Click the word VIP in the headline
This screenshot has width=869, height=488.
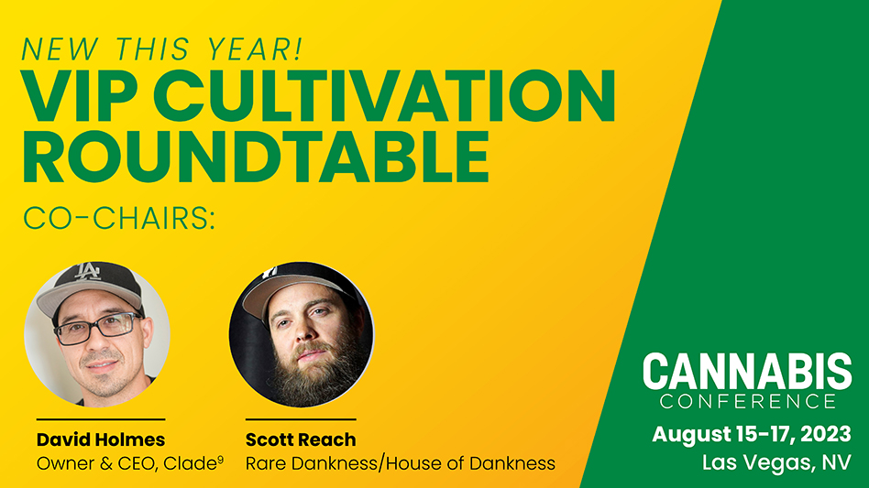coord(79,96)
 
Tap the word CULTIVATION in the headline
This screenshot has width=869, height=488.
coord(388,96)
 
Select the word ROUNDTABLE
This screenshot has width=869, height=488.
coord(256,157)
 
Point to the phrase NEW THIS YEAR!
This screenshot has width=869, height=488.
coord(162,49)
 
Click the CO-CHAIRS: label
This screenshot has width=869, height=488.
coord(119,218)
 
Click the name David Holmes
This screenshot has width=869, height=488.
coord(101,439)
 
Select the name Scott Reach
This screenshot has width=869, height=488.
coord(301,439)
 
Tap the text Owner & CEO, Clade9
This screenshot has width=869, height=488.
coord(130,463)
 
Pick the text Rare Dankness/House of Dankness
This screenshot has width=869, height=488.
coord(401,463)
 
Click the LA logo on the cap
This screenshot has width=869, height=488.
coord(88,272)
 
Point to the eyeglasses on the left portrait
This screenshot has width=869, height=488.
coord(97,328)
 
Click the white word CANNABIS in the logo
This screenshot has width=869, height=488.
coord(747,372)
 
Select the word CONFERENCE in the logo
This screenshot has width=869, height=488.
coord(748,401)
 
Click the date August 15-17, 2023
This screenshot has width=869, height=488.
coord(751,434)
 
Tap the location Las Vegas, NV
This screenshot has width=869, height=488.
coord(775,462)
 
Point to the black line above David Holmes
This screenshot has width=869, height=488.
coord(101,419)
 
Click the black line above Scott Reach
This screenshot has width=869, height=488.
coord(301,419)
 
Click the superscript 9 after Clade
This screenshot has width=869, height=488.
coord(221,459)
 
